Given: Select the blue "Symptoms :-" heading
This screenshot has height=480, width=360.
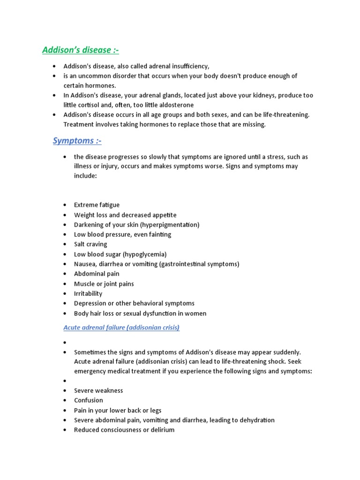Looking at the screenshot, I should pos(77,141).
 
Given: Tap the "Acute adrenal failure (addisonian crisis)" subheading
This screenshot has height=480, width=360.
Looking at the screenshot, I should pos(121,328).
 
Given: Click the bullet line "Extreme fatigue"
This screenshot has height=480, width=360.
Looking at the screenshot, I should pos(97,205).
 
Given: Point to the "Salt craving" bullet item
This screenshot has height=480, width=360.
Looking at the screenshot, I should pos(90,244).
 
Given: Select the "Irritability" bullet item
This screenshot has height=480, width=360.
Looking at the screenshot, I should pos(88,293).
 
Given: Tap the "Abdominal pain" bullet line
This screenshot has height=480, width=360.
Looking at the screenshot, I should pos(97,274).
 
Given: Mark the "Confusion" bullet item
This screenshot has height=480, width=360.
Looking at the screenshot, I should pos(88,400).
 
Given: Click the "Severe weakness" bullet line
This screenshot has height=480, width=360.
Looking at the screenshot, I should pos(98,390).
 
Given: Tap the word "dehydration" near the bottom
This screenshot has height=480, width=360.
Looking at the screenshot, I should pos(256,420).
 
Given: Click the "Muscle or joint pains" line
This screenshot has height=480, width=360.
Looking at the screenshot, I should pos(104,284).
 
